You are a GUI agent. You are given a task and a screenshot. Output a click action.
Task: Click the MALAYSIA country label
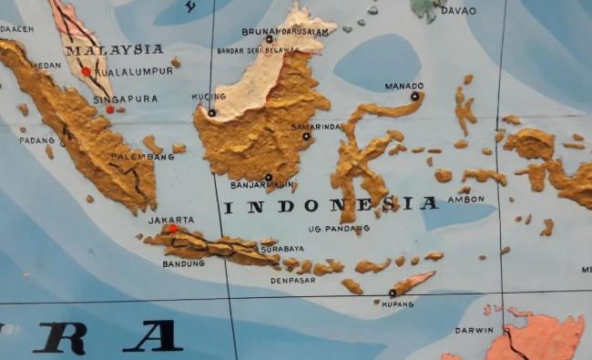[x=114, y=50]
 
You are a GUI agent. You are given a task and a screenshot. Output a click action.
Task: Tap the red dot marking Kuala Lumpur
[x=87, y=71]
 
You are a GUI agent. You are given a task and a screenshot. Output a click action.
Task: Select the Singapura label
[x=125, y=99]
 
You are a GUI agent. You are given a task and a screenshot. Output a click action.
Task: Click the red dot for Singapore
[x=110, y=109]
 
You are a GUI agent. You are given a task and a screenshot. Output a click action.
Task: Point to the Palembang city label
[x=142, y=157]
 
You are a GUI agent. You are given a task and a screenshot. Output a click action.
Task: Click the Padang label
[x=37, y=140]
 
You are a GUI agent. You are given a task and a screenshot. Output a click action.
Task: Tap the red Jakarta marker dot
[x=173, y=229]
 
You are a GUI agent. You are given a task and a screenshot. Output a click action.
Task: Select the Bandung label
[x=183, y=264]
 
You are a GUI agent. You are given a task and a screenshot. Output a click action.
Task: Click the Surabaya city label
[x=282, y=248]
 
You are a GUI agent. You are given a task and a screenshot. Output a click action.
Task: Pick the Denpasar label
[x=293, y=281]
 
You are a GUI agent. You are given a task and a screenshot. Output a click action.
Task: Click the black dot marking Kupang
[x=392, y=293]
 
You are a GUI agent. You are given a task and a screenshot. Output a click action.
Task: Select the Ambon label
[x=465, y=199]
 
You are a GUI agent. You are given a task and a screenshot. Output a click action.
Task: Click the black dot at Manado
[x=414, y=96]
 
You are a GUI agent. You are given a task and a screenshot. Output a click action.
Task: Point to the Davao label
[x=458, y=11]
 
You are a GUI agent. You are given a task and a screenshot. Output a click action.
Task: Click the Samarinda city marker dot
[x=306, y=137]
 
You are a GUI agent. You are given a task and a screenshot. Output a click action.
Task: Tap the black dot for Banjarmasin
[x=268, y=177]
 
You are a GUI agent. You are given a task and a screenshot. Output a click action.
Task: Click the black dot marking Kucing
[x=212, y=113]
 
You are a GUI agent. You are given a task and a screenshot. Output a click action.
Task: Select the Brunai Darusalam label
[x=285, y=32]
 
